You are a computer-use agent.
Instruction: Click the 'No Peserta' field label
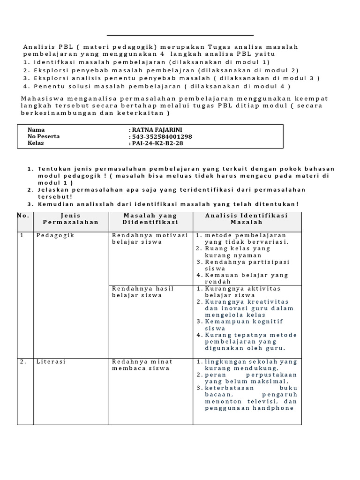coord(44,136)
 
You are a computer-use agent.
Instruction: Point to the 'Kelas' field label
coord(36,143)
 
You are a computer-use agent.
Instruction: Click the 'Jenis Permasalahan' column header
coord(71,219)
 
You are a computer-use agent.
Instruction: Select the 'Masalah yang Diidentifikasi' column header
coord(150,219)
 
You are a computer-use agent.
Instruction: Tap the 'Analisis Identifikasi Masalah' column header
coord(247,219)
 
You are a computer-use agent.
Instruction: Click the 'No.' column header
coord(23,216)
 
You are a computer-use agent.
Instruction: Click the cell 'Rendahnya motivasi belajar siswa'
coord(150,239)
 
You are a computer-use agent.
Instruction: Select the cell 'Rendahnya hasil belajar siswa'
coord(142,292)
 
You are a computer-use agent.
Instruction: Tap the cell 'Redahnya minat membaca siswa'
coord(142,365)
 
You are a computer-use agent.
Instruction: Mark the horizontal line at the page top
coord(180,36)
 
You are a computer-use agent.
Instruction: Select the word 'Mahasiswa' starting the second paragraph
coord(43,98)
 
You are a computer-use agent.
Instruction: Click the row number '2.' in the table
coord(23,362)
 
